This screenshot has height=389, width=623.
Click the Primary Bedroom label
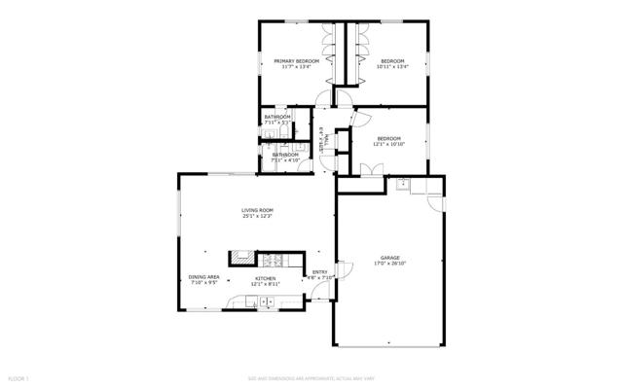[296, 61]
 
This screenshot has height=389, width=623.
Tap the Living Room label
[258, 211]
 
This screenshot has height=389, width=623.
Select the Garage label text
[390, 258]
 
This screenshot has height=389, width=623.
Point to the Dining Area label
[203, 278]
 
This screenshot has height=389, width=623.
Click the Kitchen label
[266, 278]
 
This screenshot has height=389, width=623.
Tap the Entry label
[320, 272]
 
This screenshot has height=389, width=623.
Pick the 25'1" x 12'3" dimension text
[258, 217]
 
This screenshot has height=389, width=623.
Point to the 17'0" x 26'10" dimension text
[390, 264]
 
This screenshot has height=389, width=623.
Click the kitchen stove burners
[272, 259]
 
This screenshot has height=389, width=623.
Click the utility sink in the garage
[402, 182]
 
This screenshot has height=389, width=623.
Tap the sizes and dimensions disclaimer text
[311, 377]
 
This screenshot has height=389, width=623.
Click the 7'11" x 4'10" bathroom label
[285, 158]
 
